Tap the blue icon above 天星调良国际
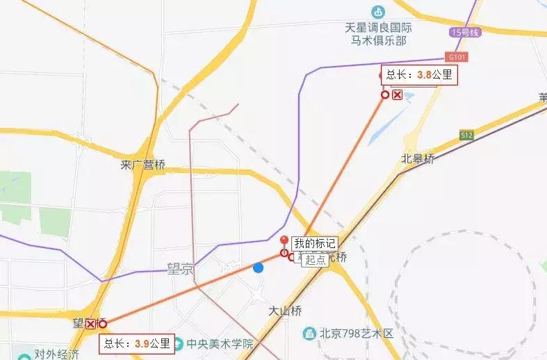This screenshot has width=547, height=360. (x=377, y=11)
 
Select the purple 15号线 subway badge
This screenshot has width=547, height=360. (x=465, y=33)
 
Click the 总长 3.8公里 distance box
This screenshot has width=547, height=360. (x=419, y=75)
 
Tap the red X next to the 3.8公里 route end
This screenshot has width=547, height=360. (x=398, y=95)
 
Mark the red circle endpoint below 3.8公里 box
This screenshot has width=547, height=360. (x=384, y=95)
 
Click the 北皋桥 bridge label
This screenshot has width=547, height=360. (x=418, y=158)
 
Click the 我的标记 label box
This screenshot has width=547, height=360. (x=314, y=243)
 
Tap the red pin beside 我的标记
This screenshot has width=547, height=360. (x=284, y=242)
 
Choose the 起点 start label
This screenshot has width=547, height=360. (x=316, y=259)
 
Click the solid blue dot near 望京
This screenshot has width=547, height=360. (x=258, y=268)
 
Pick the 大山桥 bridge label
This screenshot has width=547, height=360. (x=286, y=311)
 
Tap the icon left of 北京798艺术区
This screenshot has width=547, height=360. (x=309, y=334)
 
